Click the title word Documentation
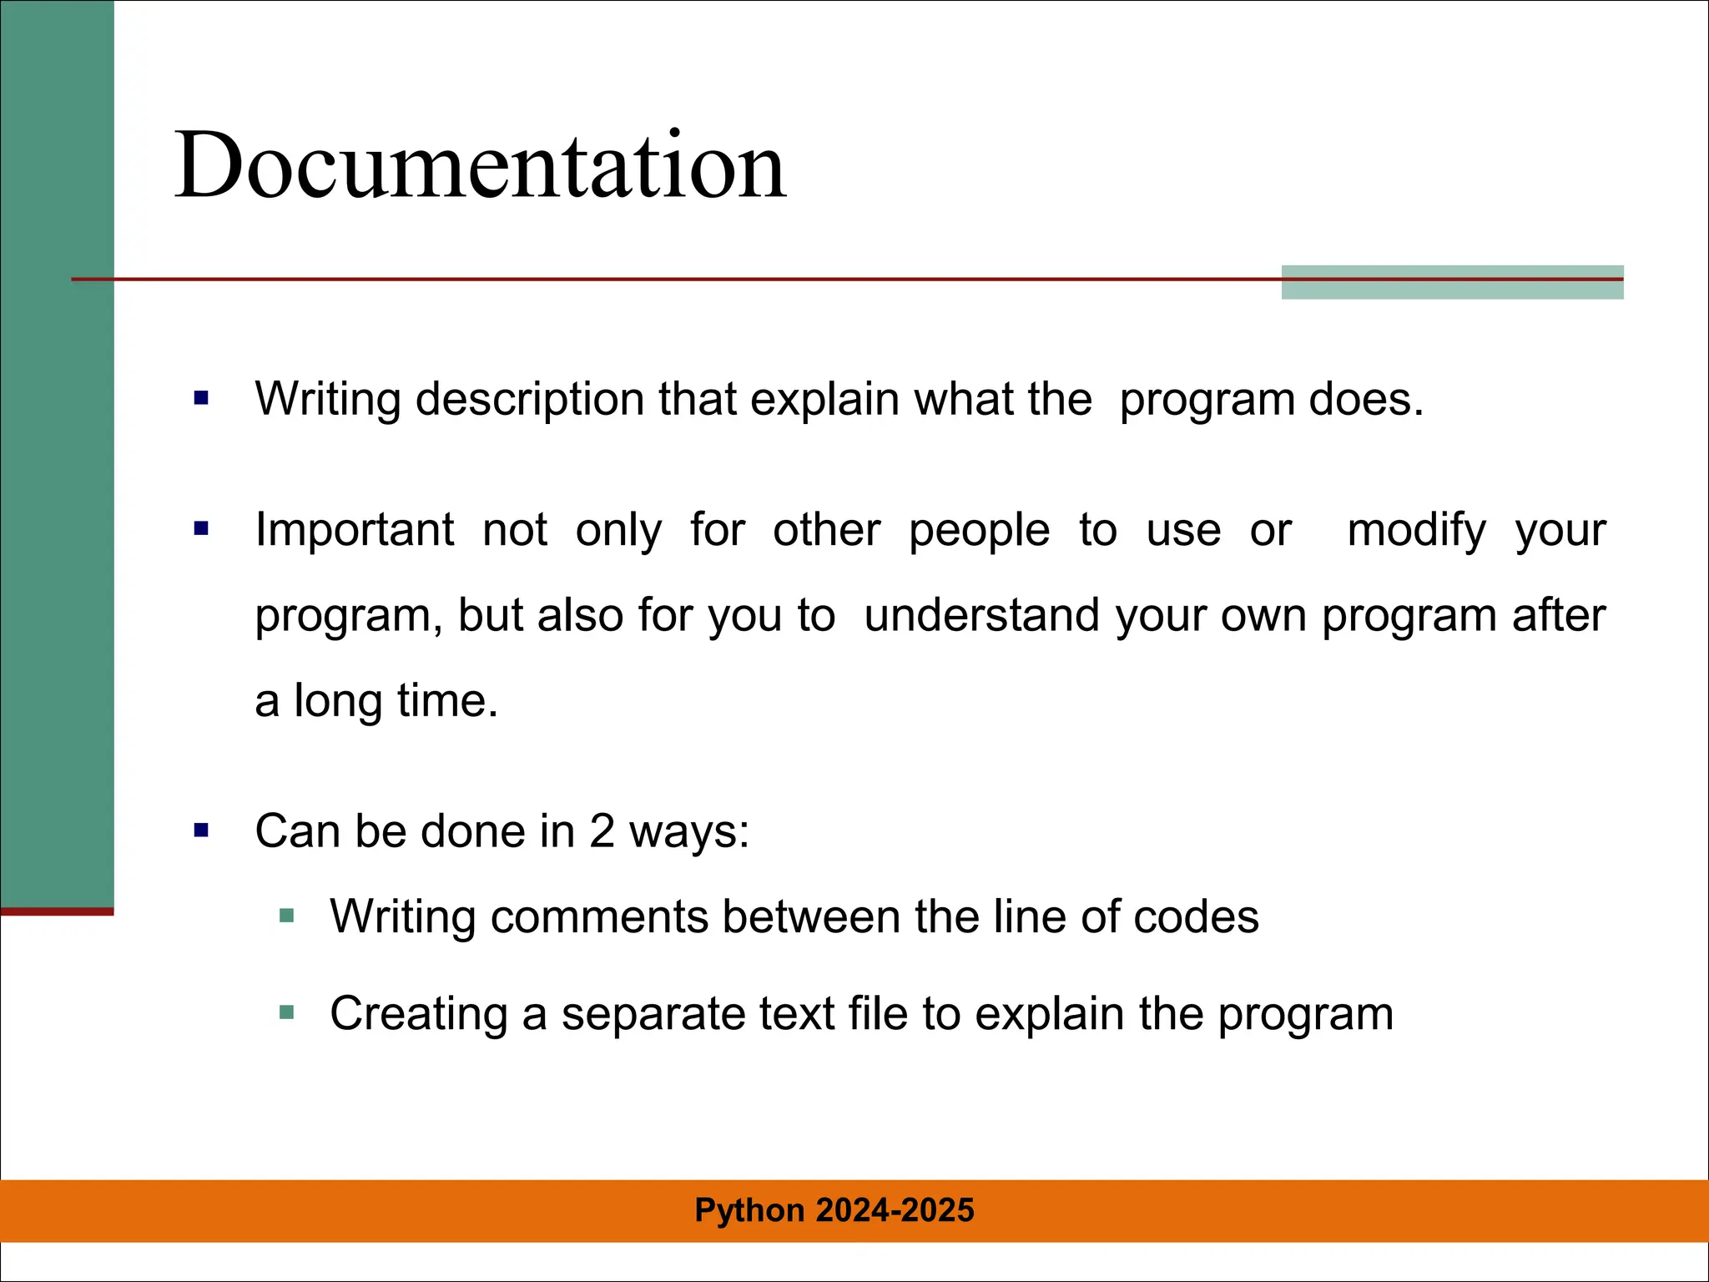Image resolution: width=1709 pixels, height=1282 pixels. [x=480, y=165]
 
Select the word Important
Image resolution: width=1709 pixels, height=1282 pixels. [x=355, y=530]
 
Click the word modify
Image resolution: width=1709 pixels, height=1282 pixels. [x=1416, y=531]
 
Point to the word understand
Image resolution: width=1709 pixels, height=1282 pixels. [x=982, y=616]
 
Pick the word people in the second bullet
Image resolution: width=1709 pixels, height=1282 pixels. [x=979, y=531]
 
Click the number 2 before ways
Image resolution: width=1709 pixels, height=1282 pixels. [x=602, y=832]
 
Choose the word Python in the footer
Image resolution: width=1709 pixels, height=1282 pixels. [x=749, y=1210]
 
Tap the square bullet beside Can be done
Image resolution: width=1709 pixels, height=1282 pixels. [x=201, y=830]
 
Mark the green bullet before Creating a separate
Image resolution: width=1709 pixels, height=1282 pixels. [x=287, y=1013]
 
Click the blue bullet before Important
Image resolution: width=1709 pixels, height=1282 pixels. [x=201, y=528]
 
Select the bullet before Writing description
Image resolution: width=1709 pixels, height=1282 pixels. [x=201, y=398]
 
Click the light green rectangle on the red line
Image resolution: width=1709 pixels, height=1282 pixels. [x=1452, y=282]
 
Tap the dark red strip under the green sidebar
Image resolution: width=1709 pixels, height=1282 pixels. [x=57, y=911]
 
